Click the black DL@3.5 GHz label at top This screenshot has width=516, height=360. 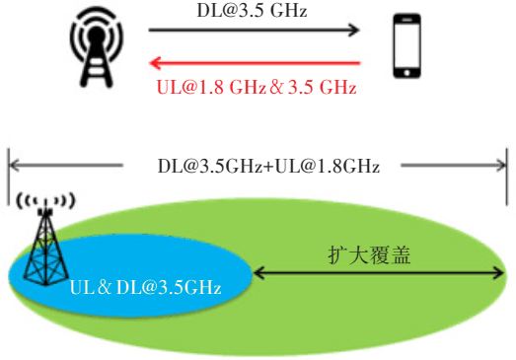coord(252,10)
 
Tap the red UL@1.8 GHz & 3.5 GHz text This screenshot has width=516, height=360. coord(257,88)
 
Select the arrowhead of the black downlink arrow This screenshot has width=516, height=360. coord(354,30)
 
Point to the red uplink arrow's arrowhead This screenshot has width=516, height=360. coord(155,62)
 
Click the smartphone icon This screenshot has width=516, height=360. coord(407,45)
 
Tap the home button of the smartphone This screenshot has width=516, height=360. coord(407,73)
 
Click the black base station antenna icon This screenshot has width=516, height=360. coord(97,47)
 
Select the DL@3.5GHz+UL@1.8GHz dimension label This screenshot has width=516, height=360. coord(268,166)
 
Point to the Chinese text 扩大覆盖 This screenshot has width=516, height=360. coord(369,255)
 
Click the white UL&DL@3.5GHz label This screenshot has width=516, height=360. coord(145,287)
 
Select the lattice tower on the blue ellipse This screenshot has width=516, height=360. coord(45,247)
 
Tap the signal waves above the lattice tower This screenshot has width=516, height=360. coord(45,201)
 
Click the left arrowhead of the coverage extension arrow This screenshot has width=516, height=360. coord(259,273)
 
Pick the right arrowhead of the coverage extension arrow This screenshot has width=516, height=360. coord(498,273)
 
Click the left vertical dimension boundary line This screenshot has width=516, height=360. coord(9,177)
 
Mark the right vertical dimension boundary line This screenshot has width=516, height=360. coord(507,177)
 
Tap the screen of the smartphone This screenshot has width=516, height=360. coord(407,44)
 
